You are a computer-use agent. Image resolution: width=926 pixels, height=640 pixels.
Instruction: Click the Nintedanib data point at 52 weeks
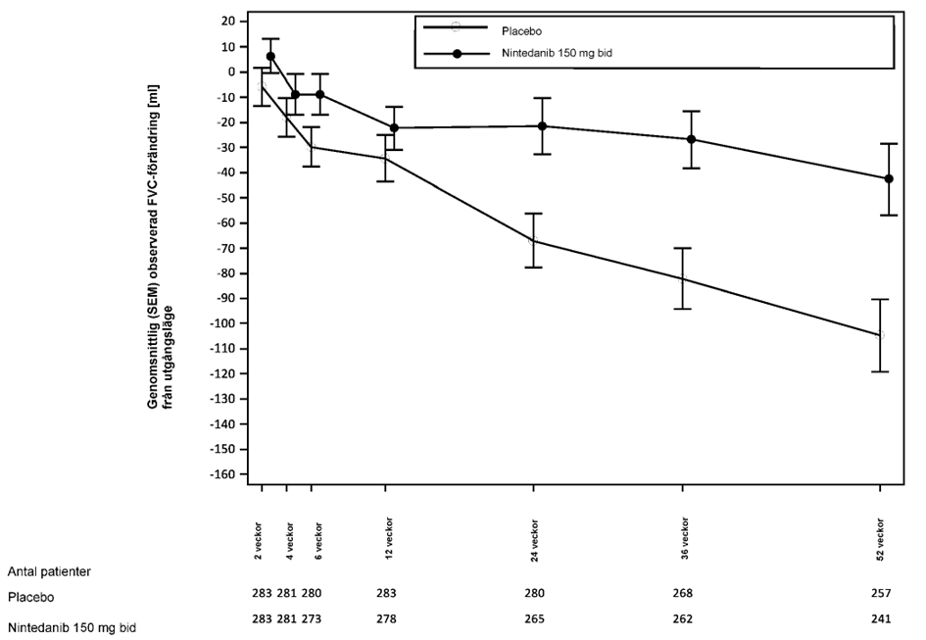(x=888, y=178)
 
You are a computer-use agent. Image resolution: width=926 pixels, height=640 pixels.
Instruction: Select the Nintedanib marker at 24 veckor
(x=542, y=126)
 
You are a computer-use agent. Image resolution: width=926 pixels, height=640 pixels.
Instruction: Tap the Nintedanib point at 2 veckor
(x=270, y=57)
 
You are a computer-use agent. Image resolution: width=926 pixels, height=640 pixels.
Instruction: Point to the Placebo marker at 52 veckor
(x=879, y=335)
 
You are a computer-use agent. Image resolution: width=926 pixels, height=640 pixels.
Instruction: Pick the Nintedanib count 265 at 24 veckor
(x=534, y=619)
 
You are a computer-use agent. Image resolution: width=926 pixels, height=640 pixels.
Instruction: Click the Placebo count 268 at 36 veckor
(x=683, y=594)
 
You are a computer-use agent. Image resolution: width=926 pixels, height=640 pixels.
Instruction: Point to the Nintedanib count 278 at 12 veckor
(x=387, y=619)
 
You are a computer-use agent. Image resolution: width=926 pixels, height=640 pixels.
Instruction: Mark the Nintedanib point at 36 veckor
(x=691, y=139)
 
